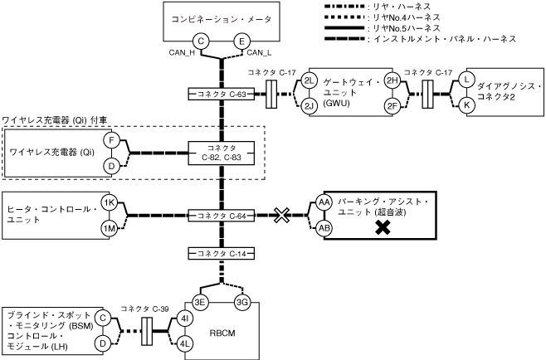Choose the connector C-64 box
coord(221,216)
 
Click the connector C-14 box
coord(221,252)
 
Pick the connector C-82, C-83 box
coord(219,153)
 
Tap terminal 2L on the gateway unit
coord(310,80)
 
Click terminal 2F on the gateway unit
coord(392,106)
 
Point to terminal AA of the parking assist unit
coord(324,203)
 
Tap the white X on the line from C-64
coord(282,216)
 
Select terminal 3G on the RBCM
coord(242,301)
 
